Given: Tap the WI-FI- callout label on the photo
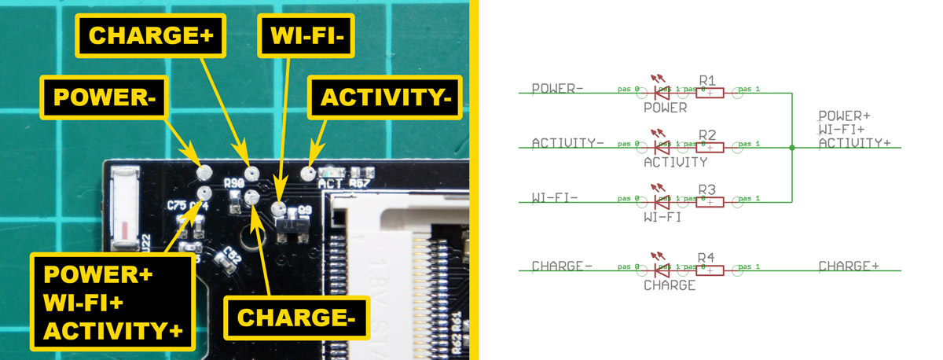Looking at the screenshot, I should pos(306,35).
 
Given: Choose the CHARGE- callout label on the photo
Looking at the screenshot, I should pos(297,318).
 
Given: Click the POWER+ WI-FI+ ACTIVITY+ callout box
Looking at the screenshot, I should pos(113,302).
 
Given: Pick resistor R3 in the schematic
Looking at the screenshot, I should pos(710,202).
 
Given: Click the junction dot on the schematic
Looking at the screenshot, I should pos(792,148).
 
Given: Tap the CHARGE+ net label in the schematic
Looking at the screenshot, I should pos(848,266).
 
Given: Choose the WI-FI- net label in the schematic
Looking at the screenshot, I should pos(555,197).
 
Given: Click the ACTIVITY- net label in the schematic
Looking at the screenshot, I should pos(567,143).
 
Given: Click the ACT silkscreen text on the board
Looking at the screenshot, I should pos(330,184).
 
